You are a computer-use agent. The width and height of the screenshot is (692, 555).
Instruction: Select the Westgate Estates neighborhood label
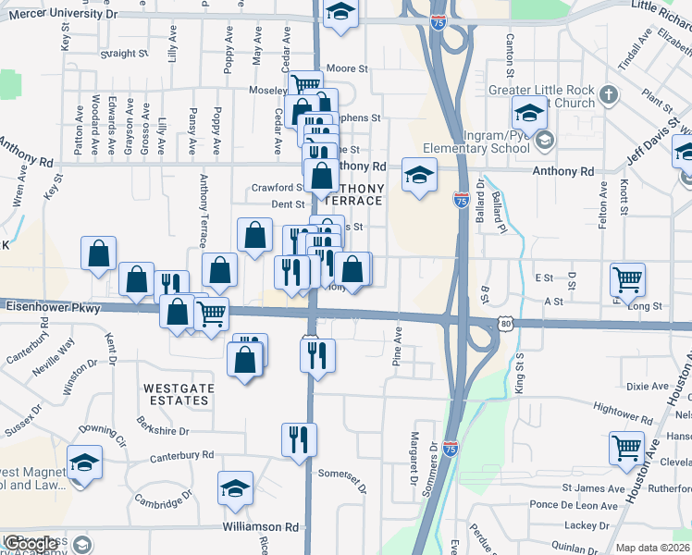176,394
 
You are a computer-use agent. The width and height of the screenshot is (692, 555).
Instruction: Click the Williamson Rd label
260,526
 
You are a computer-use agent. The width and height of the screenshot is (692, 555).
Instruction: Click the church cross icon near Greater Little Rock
609,94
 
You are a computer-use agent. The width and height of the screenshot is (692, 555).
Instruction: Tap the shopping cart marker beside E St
628,278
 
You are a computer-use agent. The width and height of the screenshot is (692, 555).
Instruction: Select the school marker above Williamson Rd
236,487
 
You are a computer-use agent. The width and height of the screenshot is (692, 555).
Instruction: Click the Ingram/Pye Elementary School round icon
544,141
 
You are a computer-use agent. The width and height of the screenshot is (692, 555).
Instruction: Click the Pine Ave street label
399,344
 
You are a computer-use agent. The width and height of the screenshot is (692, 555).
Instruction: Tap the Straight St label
117,54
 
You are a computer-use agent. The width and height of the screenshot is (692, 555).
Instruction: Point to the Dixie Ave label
647,386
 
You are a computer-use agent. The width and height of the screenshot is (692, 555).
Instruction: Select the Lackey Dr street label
583,524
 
